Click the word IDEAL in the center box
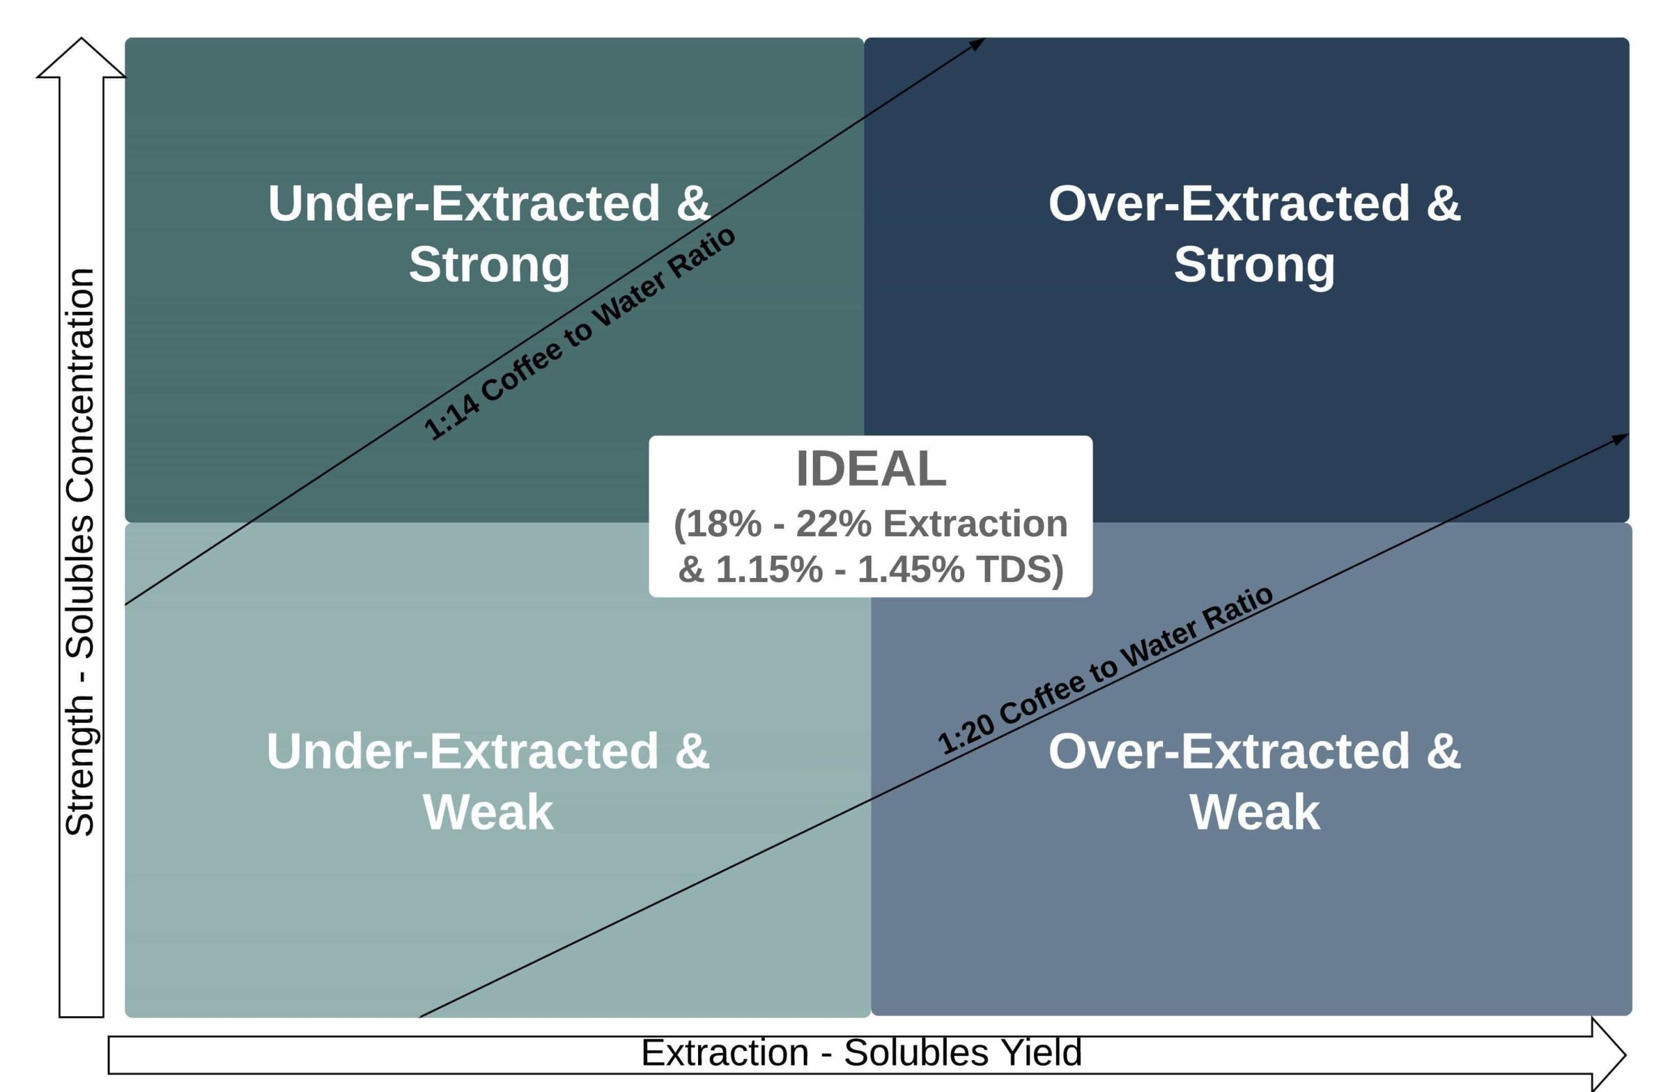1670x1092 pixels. tap(871, 469)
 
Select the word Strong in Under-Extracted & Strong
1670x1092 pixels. tap(489, 265)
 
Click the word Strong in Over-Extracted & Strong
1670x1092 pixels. tap(1254, 265)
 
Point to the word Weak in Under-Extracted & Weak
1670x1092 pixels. tap(488, 813)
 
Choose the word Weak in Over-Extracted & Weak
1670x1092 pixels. tap(1254, 813)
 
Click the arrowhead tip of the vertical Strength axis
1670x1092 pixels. tap(82, 38)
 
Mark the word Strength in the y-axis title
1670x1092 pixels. tap(80, 765)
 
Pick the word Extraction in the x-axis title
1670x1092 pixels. tap(725, 1054)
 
